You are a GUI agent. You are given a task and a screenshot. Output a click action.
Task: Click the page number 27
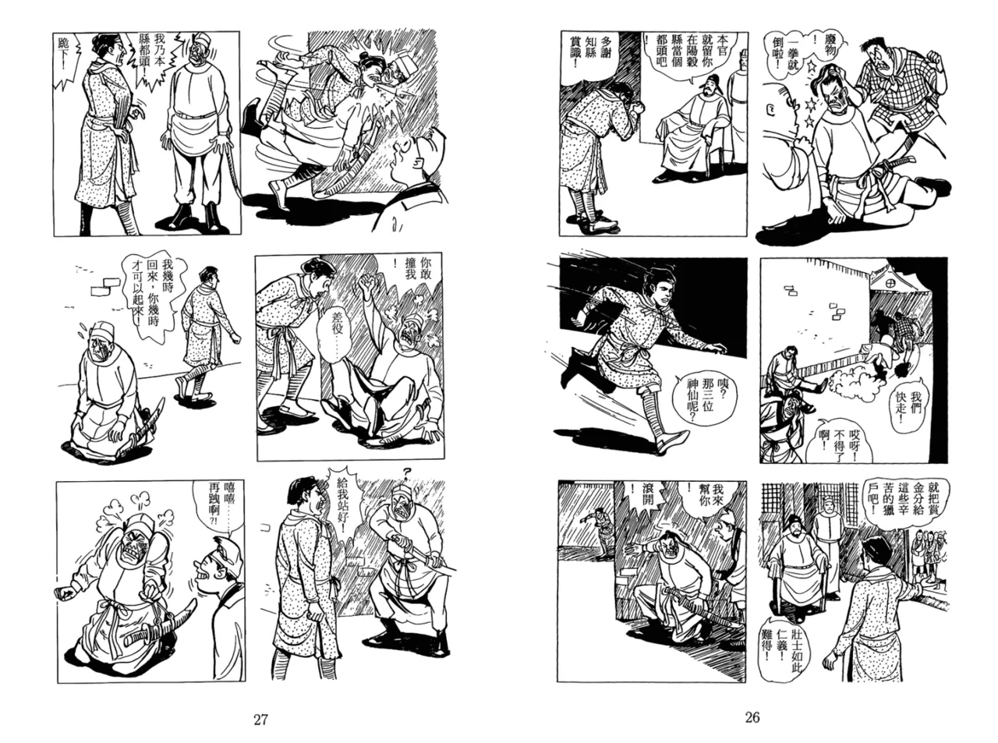pos(261,719)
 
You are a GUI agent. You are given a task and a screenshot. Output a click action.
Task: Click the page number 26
pos(752,717)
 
